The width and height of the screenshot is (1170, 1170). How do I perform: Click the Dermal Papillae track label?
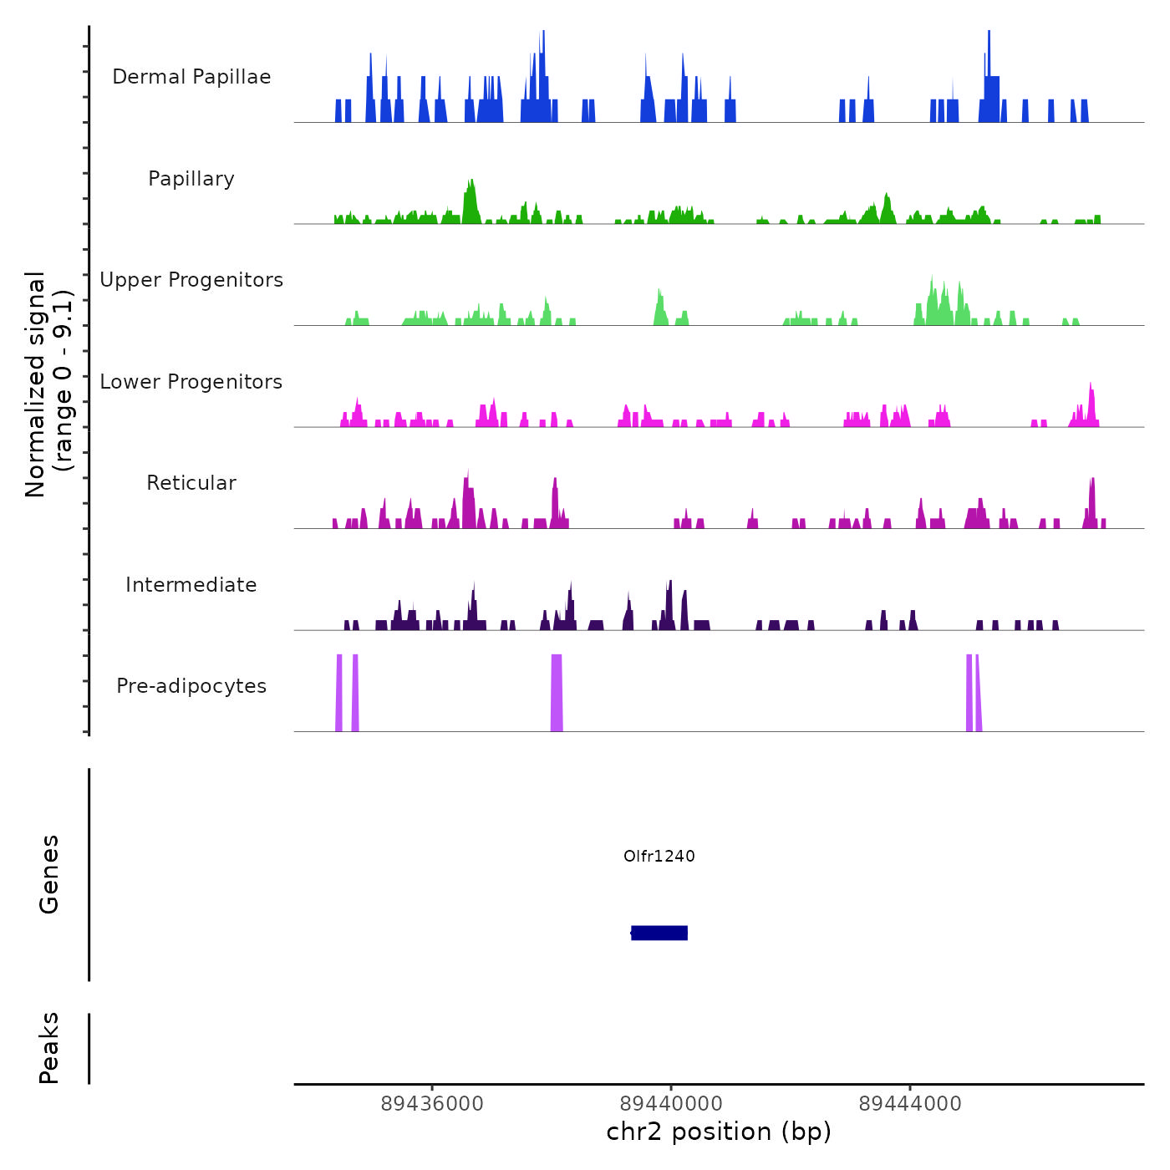[191, 77]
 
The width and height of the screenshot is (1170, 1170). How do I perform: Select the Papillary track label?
[191, 179]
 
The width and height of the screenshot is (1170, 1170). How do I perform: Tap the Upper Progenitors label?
[191, 280]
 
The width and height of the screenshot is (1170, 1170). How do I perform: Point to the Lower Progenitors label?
[191, 382]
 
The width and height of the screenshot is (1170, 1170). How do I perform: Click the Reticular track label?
[191, 483]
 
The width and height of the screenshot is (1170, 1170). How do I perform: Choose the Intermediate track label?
[191, 585]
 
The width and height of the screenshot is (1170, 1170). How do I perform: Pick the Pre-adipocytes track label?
[191, 686]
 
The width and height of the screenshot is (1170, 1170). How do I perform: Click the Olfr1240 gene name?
[659, 856]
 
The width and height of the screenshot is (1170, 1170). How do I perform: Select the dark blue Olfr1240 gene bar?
[659, 933]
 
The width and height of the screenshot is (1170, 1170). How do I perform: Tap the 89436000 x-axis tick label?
[432, 1104]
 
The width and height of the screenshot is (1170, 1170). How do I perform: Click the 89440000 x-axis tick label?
[671, 1104]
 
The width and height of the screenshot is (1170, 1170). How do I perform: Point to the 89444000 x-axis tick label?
[910, 1104]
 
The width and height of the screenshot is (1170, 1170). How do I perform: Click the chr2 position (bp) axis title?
[719, 1132]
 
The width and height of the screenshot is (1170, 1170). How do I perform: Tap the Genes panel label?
[49, 874]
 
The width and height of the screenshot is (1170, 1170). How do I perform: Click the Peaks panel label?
[49, 1048]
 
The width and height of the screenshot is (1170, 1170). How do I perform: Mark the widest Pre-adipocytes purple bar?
[557, 694]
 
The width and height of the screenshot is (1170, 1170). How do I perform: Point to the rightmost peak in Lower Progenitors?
[1091, 406]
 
